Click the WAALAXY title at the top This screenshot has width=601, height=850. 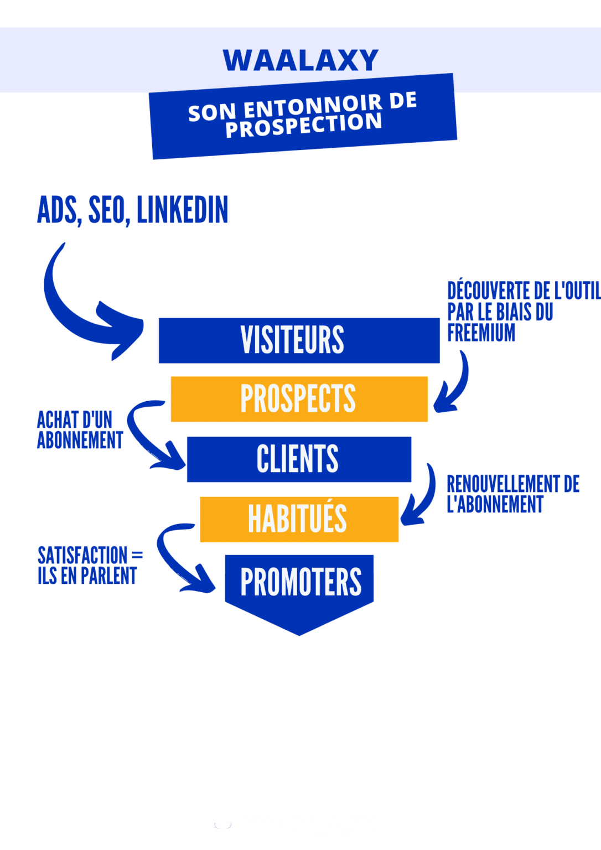coord(300,60)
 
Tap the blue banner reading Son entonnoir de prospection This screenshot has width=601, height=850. coord(303,116)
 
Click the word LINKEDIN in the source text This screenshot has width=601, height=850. coord(182,210)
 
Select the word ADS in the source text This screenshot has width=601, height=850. coord(57,210)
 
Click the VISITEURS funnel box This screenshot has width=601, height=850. coord(299,340)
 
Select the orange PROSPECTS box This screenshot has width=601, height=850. coord(299,399)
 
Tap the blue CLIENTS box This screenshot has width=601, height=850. coord(299,459)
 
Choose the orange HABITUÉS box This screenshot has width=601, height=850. coord(299,519)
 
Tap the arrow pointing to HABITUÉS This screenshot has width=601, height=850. coord(421,498)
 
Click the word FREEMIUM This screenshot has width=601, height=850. coord(481,333)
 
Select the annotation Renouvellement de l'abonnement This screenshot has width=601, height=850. coord(512,494)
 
